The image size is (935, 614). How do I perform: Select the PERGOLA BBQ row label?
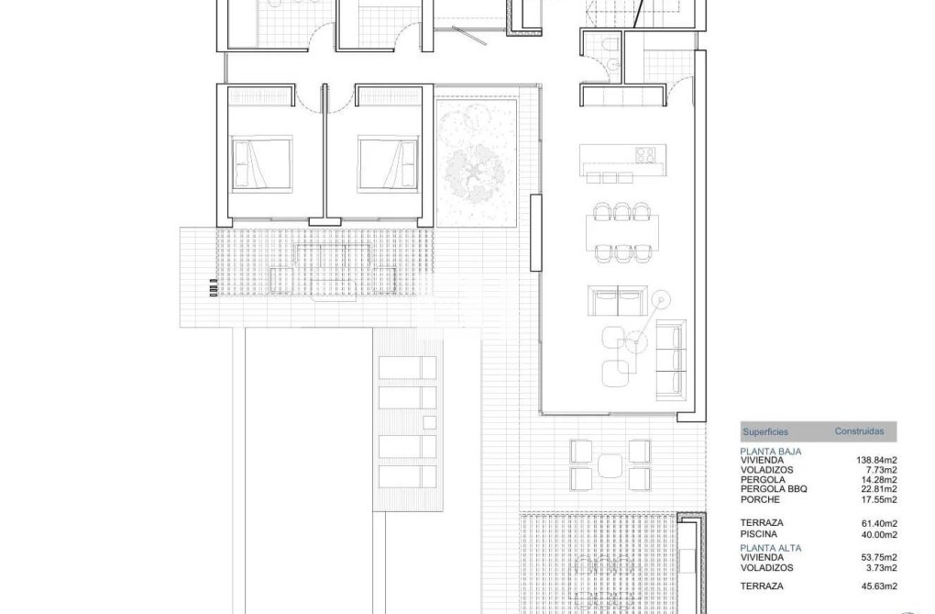click(774, 489)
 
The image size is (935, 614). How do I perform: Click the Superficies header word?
click(764, 430)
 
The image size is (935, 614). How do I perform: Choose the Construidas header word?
click(859, 430)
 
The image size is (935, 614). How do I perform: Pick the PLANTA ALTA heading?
click(771, 547)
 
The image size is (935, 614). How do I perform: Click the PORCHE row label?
click(760, 499)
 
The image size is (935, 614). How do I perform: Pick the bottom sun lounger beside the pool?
click(407, 477)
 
